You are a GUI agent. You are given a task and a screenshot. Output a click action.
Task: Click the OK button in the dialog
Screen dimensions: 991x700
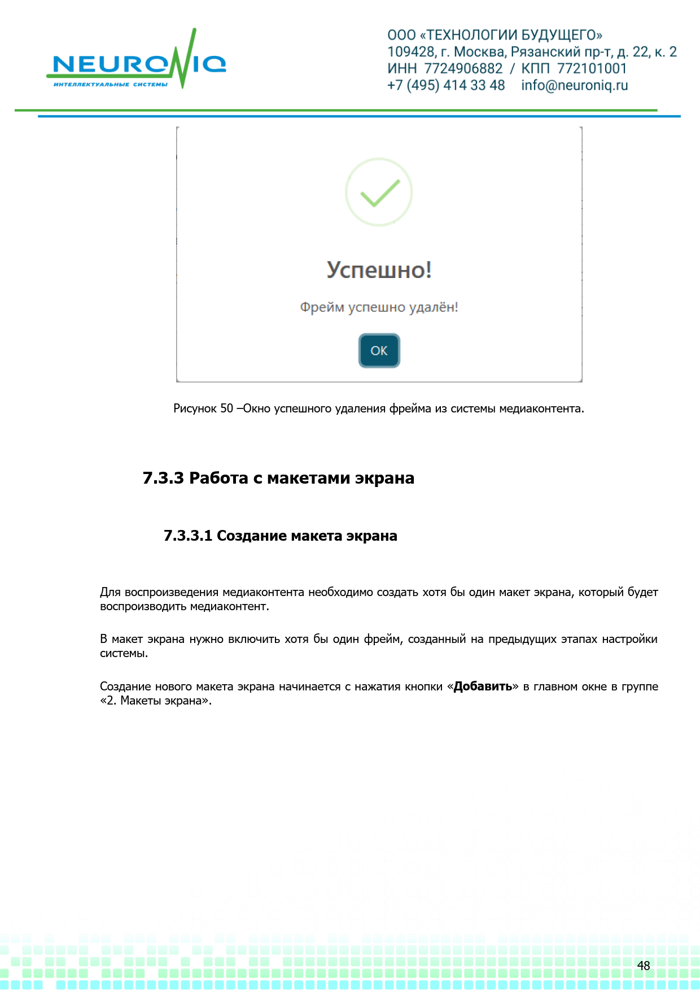pyautogui.click(x=379, y=351)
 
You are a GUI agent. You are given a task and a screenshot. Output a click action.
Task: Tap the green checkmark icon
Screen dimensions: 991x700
pyautogui.click(x=379, y=193)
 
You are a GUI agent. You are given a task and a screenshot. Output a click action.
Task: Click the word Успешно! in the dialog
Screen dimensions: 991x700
pyautogui.click(x=379, y=270)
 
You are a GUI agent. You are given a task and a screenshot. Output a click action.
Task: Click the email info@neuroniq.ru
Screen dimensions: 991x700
pyautogui.click(x=574, y=85)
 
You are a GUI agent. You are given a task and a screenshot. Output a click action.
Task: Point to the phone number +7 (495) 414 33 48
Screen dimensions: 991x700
pyautogui.click(x=445, y=85)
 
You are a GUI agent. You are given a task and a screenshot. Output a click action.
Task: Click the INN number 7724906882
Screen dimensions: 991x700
pyautogui.click(x=463, y=68)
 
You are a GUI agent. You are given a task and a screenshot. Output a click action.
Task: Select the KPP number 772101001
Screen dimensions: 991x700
pyautogui.click(x=592, y=68)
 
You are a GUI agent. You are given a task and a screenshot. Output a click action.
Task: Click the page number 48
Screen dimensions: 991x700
pyautogui.click(x=644, y=966)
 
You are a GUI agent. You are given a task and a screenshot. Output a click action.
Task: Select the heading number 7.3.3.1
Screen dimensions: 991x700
pyautogui.click(x=188, y=536)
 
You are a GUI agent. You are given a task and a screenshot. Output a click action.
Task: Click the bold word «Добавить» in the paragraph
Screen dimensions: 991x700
pyautogui.click(x=483, y=686)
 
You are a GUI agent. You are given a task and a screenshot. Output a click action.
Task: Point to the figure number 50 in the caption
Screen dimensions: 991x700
pyautogui.click(x=226, y=408)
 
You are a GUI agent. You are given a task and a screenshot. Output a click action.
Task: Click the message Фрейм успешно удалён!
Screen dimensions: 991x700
pyautogui.click(x=379, y=307)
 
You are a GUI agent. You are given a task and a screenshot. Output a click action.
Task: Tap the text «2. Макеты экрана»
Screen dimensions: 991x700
pyautogui.click(x=155, y=701)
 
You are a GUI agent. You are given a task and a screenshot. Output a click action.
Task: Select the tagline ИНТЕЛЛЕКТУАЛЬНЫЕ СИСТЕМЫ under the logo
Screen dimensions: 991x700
pyautogui.click(x=111, y=85)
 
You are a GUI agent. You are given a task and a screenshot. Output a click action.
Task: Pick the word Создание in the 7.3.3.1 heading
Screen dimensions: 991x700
pyautogui.click(x=252, y=536)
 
